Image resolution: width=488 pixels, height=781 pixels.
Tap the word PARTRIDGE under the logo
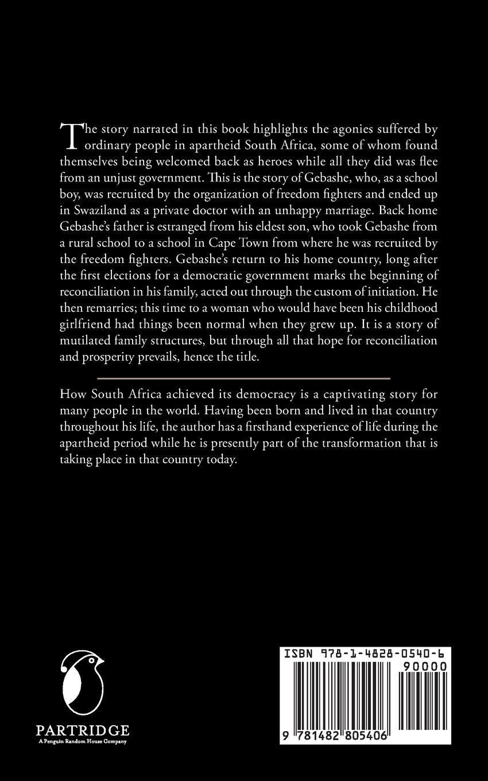point(82,730)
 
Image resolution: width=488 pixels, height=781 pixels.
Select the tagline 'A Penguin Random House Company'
point(82,741)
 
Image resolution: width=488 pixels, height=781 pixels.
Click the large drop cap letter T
point(69,134)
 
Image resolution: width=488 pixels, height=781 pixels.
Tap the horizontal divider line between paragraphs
point(243,379)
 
